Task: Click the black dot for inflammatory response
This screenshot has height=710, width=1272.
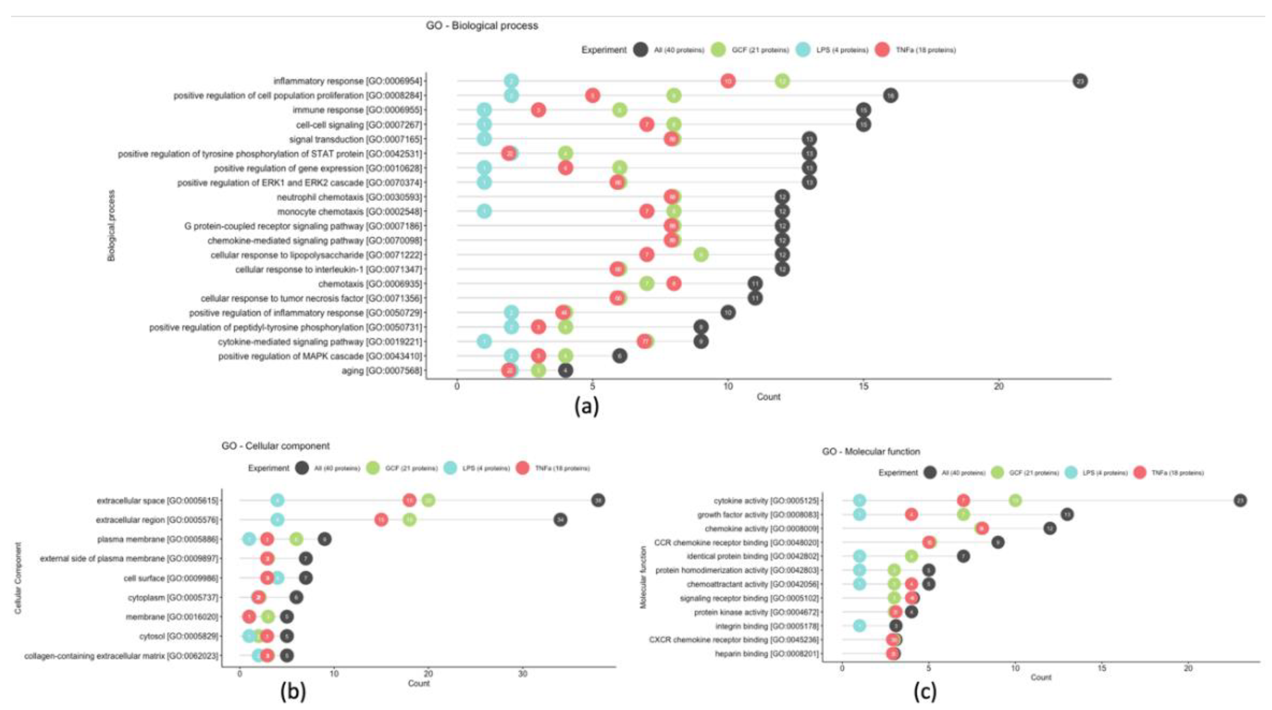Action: point(1080,81)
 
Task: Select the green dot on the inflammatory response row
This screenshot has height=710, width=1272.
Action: point(781,81)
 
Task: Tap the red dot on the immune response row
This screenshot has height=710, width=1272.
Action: point(538,110)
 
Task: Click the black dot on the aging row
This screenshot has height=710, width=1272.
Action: point(565,370)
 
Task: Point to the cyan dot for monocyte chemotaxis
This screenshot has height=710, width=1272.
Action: point(485,211)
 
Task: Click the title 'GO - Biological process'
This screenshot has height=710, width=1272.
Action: point(481,26)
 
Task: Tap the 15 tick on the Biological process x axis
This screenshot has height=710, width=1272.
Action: point(863,387)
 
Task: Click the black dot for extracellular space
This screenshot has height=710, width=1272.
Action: point(598,501)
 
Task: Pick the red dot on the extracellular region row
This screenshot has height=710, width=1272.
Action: point(381,520)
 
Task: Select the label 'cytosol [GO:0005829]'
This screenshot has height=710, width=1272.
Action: point(178,636)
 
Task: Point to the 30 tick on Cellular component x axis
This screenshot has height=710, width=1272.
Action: point(523,673)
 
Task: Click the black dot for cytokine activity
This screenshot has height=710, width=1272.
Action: point(1240,501)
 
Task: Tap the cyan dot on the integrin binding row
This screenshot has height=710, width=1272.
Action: point(859,626)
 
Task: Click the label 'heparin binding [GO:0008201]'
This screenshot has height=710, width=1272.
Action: point(767,654)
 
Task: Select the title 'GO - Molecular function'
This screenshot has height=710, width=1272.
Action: point(871,452)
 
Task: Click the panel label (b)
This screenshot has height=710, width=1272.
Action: point(293,693)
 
